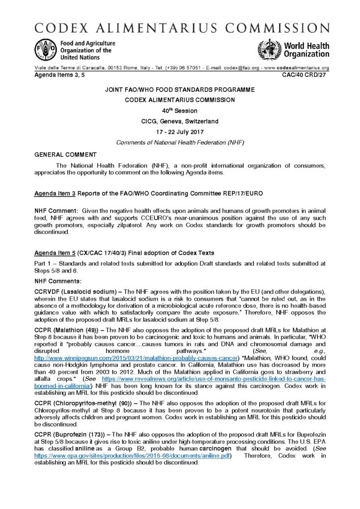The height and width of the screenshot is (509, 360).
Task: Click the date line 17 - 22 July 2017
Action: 180,133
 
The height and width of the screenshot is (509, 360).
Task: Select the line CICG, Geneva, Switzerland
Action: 180,122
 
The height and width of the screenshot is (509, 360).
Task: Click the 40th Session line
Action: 180,111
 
